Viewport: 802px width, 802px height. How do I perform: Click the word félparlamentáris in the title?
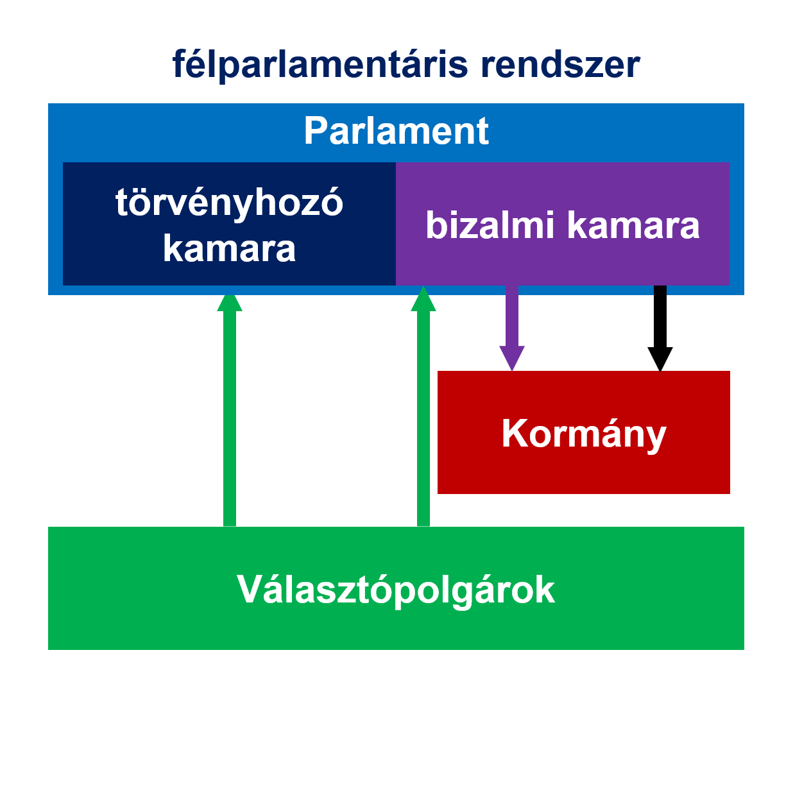(320, 65)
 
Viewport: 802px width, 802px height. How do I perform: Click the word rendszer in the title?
(560, 65)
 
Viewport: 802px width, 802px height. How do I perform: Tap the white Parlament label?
(397, 131)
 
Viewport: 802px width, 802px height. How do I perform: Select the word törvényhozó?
(229, 203)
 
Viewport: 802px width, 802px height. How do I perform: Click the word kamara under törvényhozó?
(229, 248)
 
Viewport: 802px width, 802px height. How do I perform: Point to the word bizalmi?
(490, 225)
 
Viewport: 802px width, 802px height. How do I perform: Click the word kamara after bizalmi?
(633, 226)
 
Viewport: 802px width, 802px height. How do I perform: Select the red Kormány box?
(583, 432)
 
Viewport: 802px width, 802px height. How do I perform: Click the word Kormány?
(584, 434)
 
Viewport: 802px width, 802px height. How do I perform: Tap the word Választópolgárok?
(396, 590)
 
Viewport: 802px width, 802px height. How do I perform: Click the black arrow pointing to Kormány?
(660, 328)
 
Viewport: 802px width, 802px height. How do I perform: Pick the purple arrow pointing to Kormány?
(512, 328)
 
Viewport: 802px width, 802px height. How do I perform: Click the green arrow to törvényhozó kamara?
(230, 411)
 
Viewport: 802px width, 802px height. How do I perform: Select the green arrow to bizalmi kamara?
(423, 405)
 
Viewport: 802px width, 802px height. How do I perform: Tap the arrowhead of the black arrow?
(660, 359)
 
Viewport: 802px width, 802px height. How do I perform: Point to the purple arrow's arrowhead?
(512, 359)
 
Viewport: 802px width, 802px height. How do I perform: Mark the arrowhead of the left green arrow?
(230, 303)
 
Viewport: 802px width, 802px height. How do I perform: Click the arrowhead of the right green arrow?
(423, 298)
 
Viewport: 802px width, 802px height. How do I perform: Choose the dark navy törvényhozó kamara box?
(229, 223)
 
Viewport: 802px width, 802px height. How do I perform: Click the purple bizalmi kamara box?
(563, 223)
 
